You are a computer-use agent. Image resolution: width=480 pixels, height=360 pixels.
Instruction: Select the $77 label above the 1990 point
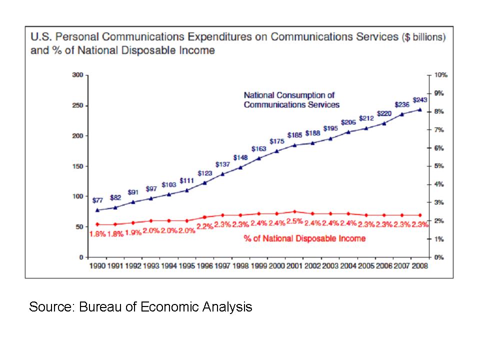(x=98, y=200)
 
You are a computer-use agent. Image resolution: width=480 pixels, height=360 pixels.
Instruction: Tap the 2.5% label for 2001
(x=295, y=221)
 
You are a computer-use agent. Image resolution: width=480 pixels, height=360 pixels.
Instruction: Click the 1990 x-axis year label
(x=97, y=266)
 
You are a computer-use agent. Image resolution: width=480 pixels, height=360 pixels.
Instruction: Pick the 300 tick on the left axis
(x=77, y=75)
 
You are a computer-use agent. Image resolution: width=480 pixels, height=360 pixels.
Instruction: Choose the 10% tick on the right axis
(x=440, y=75)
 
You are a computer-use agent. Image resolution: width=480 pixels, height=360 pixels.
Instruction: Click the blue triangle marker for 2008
(x=419, y=110)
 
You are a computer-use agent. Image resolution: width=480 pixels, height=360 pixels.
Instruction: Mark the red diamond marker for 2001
(x=295, y=211)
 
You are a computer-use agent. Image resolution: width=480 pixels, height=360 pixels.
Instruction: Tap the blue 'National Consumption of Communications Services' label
(x=291, y=99)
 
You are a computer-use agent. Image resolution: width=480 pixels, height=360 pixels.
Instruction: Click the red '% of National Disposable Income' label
(x=304, y=238)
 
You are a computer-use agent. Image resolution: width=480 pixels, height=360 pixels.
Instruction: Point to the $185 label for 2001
(x=295, y=135)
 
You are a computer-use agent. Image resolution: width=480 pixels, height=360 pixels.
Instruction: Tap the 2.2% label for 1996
(x=205, y=226)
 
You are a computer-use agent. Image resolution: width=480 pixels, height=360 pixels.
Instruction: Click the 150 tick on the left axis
(x=77, y=166)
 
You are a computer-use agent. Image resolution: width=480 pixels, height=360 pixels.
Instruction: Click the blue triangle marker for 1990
(x=97, y=210)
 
